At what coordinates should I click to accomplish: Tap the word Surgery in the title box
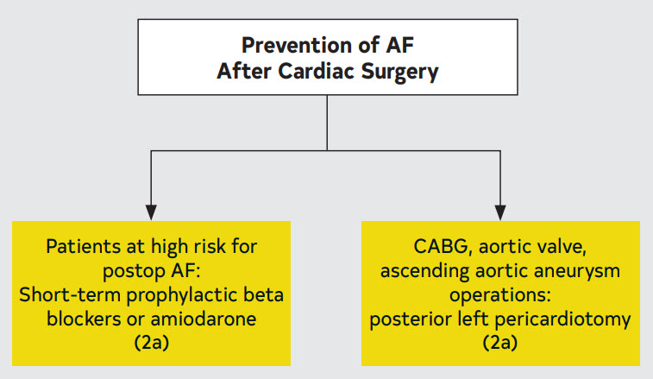pos(399,72)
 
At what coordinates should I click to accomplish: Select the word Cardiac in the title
pos(316,71)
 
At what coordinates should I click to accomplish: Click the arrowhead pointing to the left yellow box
pos(151,212)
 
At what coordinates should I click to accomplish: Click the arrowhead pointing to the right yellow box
pos(500,212)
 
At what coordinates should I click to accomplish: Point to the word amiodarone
pos(204,319)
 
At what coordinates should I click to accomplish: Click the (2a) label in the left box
pos(152,343)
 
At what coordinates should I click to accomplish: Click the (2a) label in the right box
pos(500,343)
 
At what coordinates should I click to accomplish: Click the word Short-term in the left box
pos(70,295)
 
